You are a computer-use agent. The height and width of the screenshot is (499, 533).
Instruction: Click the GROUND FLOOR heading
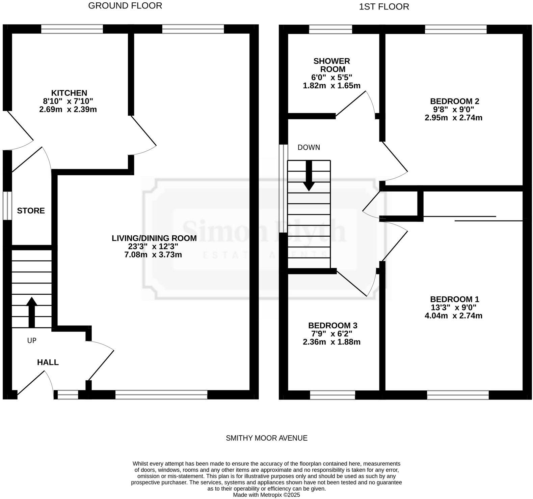coord(125,6)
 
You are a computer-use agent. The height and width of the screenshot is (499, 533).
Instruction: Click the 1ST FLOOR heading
coord(384,7)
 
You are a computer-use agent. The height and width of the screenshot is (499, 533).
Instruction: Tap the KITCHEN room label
coord(69,93)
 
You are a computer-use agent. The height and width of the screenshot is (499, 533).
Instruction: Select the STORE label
coord(31,211)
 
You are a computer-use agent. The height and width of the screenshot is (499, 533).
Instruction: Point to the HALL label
coord(48,362)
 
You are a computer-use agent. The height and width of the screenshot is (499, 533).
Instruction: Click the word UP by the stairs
coord(31,341)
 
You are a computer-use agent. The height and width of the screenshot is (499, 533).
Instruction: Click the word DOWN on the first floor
coord(309,147)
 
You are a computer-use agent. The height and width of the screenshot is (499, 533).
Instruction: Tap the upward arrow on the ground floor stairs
coord(31,312)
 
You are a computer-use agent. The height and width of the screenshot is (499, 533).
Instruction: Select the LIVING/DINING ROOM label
coord(154,238)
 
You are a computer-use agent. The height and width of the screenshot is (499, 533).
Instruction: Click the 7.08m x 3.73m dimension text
coord(153,255)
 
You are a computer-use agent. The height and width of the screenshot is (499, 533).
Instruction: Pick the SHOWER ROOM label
coord(332,65)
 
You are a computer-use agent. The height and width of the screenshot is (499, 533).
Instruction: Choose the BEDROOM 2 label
coord(454,101)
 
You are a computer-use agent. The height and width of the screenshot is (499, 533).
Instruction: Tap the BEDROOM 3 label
coord(332,325)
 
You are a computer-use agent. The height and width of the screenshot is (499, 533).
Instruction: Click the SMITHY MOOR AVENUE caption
coord(266,438)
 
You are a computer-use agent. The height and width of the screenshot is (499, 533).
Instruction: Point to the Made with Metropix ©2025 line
coord(266,495)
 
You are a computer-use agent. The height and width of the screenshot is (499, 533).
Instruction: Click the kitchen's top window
coord(72,29)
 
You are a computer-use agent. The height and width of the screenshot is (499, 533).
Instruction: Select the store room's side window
coord(7,206)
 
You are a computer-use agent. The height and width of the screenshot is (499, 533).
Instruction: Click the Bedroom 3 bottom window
coord(332,395)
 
